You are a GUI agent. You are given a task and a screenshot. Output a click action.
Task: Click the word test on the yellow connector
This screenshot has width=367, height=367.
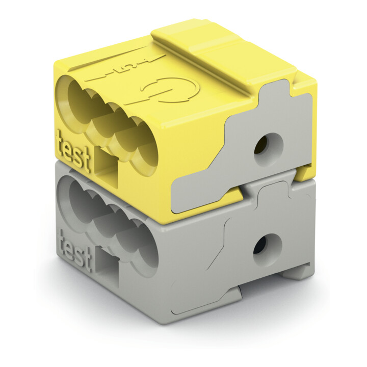73,151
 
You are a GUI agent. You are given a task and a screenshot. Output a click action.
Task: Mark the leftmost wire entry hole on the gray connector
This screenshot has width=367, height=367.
80,202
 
